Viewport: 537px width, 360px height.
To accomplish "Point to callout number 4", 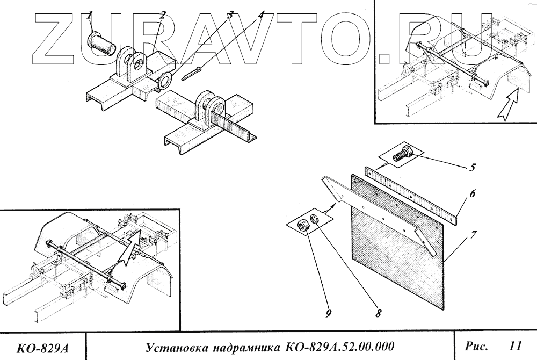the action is click(x=261, y=14).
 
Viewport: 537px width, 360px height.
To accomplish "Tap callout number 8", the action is click(x=378, y=311).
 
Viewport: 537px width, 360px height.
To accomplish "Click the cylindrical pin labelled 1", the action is click(x=101, y=44).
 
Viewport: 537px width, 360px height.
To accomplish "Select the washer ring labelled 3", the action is click(x=165, y=81).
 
